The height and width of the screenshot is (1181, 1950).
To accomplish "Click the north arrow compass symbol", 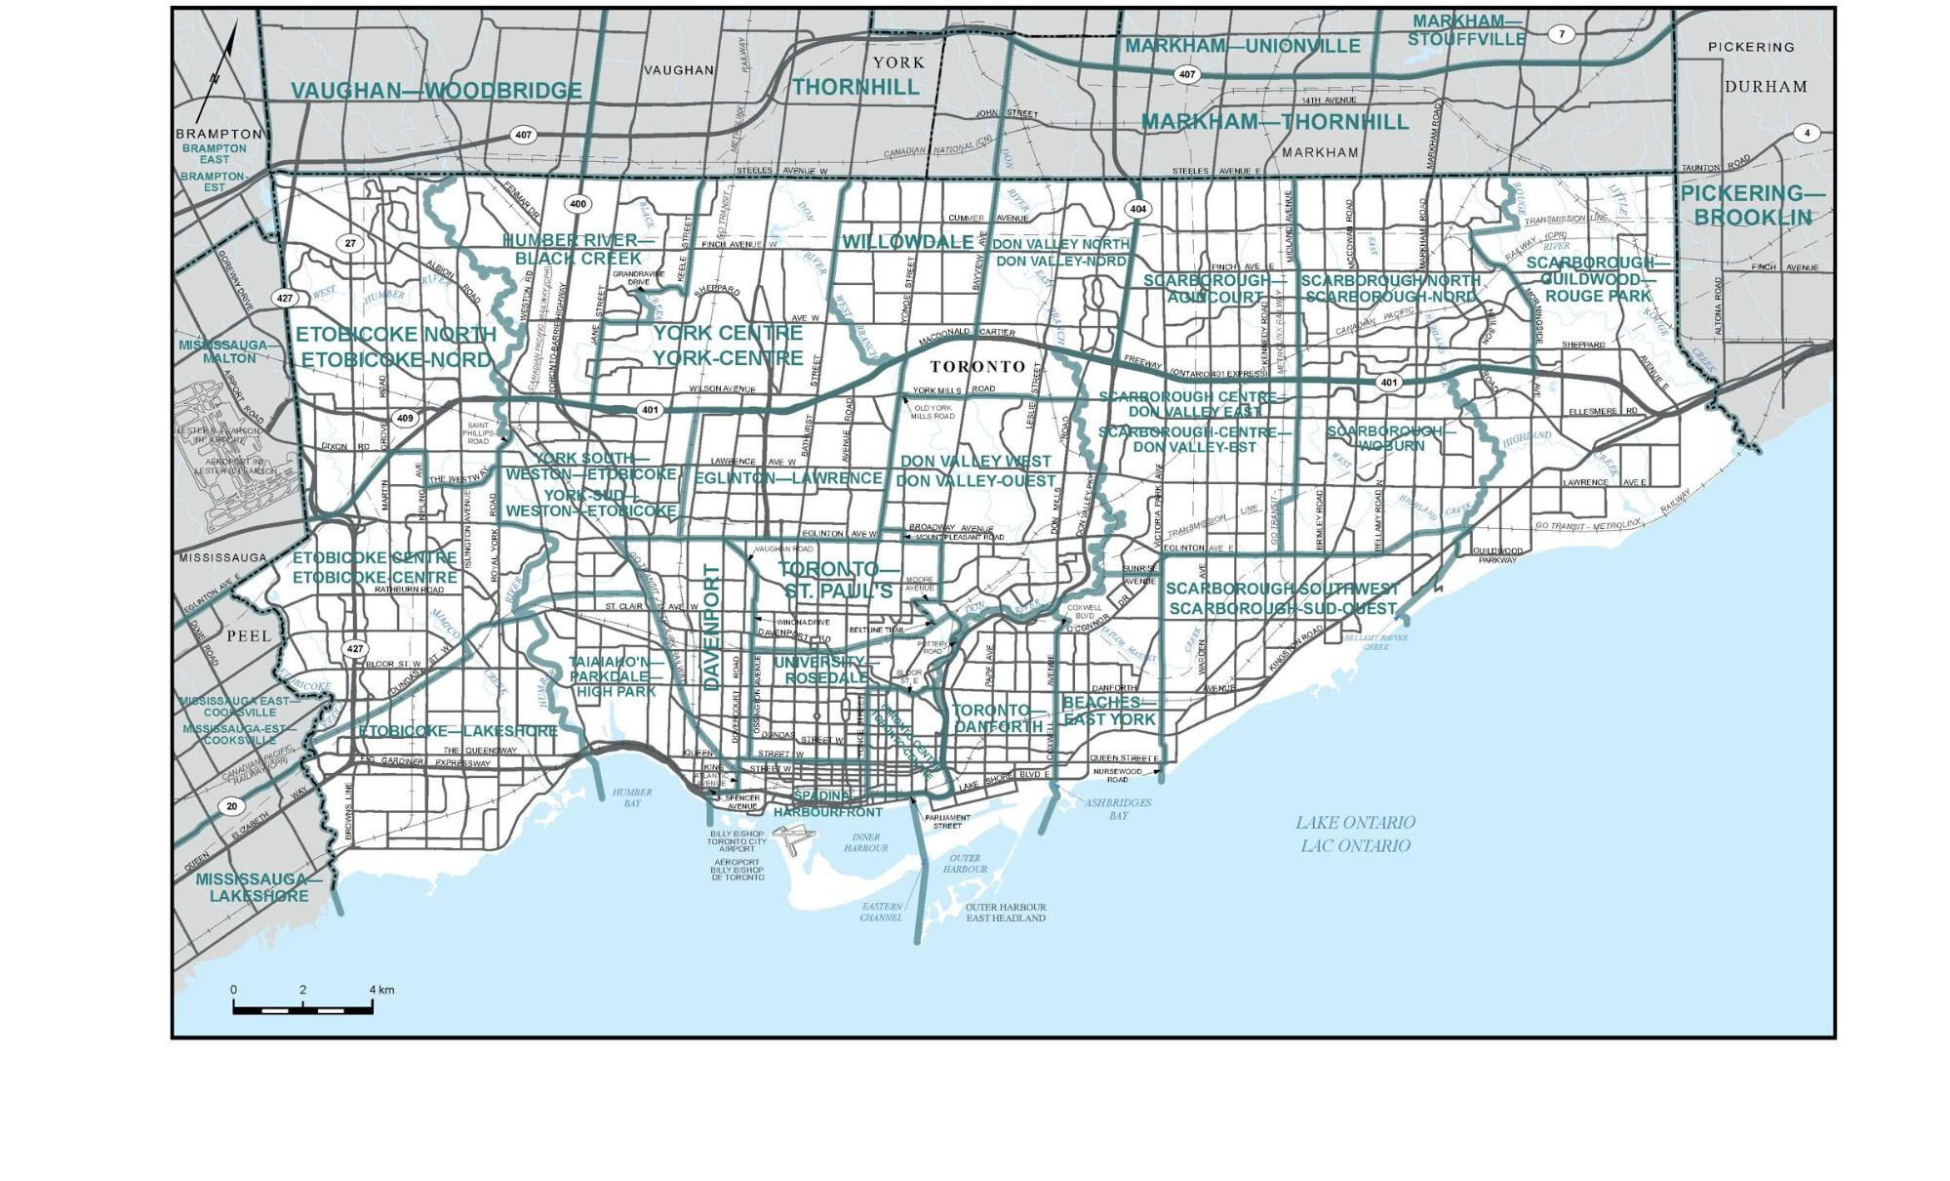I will pyautogui.click(x=218, y=74).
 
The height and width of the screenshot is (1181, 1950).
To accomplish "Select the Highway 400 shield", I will pyautogui.click(x=578, y=204).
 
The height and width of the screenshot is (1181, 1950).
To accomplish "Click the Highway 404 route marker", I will pyautogui.click(x=1137, y=209).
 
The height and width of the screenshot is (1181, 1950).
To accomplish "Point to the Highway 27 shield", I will pyautogui.click(x=350, y=243).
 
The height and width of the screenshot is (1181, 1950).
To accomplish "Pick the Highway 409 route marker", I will pyautogui.click(x=405, y=418).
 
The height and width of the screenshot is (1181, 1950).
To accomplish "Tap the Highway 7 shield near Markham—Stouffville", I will pyautogui.click(x=1562, y=34).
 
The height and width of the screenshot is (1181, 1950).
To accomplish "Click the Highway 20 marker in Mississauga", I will pyautogui.click(x=231, y=806).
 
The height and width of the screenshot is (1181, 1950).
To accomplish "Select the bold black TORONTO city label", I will pyautogui.click(x=977, y=367).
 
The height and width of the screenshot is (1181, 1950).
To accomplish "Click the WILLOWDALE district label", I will pyautogui.click(x=907, y=241).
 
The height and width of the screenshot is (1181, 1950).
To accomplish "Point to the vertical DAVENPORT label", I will pyautogui.click(x=710, y=627).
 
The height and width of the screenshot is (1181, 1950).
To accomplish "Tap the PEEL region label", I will pyautogui.click(x=249, y=635).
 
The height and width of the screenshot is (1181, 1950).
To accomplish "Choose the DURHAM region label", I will pyautogui.click(x=1766, y=86).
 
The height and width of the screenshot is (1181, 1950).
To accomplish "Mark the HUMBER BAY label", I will pyautogui.click(x=632, y=797).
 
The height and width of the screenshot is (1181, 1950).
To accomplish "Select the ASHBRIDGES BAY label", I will pyautogui.click(x=1118, y=808).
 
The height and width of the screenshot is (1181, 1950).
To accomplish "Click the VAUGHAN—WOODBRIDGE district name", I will pyautogui.click(x=436, y=91).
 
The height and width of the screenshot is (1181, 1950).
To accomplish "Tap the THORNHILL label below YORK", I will pyautogui.click(x=856, y=87).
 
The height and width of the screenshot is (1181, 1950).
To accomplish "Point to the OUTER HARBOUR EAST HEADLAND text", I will pyautogui.click(x=1005, y=913).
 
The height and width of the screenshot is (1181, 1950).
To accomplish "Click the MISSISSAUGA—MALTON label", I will pyautogui.click(x=223, y=351).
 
